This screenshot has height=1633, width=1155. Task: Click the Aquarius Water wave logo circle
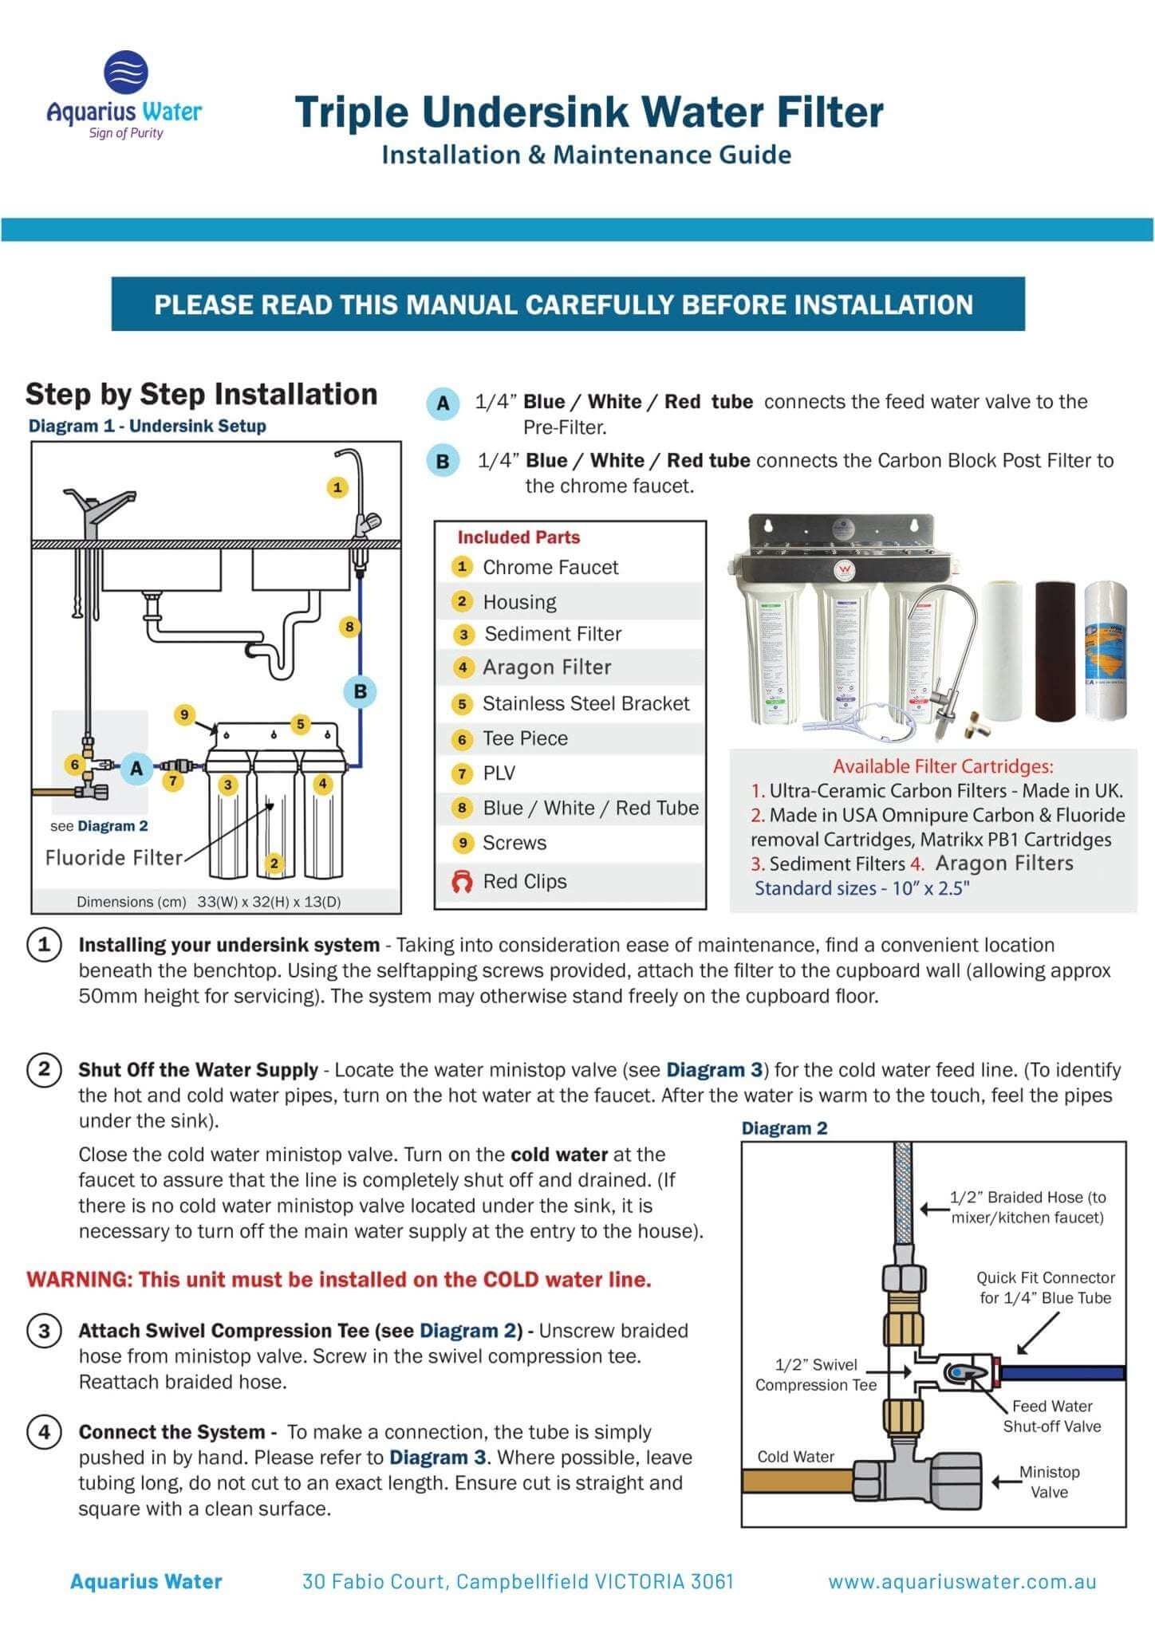pos(126,73)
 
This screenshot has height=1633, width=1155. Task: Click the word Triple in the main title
pos(352,112)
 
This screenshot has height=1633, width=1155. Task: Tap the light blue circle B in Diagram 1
pos(360,691)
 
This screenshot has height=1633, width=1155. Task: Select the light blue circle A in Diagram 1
pos(136,769)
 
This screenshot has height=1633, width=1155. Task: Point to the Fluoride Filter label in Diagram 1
pos(114,858)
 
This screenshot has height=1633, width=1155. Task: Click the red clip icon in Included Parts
pos(462,882)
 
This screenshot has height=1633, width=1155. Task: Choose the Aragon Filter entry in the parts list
pos(546,667)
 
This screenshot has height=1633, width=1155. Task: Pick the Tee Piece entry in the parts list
pos(525,738)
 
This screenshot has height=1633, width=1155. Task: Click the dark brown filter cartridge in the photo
pos(1054,650)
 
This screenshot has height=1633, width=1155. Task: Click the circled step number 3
pos(44,1331)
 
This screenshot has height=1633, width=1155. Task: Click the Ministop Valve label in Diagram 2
pos(1049,1482)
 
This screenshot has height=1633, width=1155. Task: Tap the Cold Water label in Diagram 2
pos(795,1457)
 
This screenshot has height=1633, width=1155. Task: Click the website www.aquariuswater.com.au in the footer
pos(962,1582)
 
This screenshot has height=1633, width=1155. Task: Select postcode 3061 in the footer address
pos(708,1582)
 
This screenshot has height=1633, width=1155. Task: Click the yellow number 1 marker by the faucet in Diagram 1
pos(337,487)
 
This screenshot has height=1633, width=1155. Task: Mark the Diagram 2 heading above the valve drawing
pos(784,1128)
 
